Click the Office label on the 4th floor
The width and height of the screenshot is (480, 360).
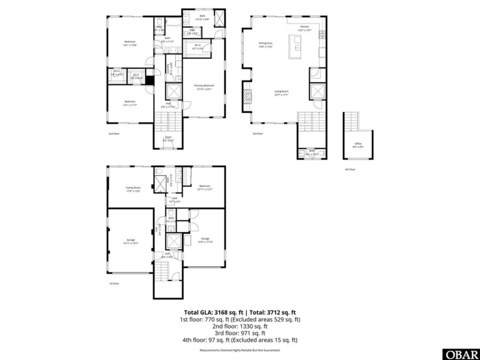[358, 145]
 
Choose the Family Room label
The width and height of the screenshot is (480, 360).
[133, 188]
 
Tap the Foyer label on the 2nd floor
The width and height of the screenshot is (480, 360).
[168, 138]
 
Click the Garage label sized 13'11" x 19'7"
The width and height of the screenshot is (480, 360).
[131, 241]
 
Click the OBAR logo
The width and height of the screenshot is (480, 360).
[461, 353]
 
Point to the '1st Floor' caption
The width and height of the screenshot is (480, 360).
[114, 283]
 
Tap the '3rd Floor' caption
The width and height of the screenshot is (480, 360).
[258, 134]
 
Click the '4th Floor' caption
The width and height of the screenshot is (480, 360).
[349, 170]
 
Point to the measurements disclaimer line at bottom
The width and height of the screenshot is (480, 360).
[240, 350]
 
